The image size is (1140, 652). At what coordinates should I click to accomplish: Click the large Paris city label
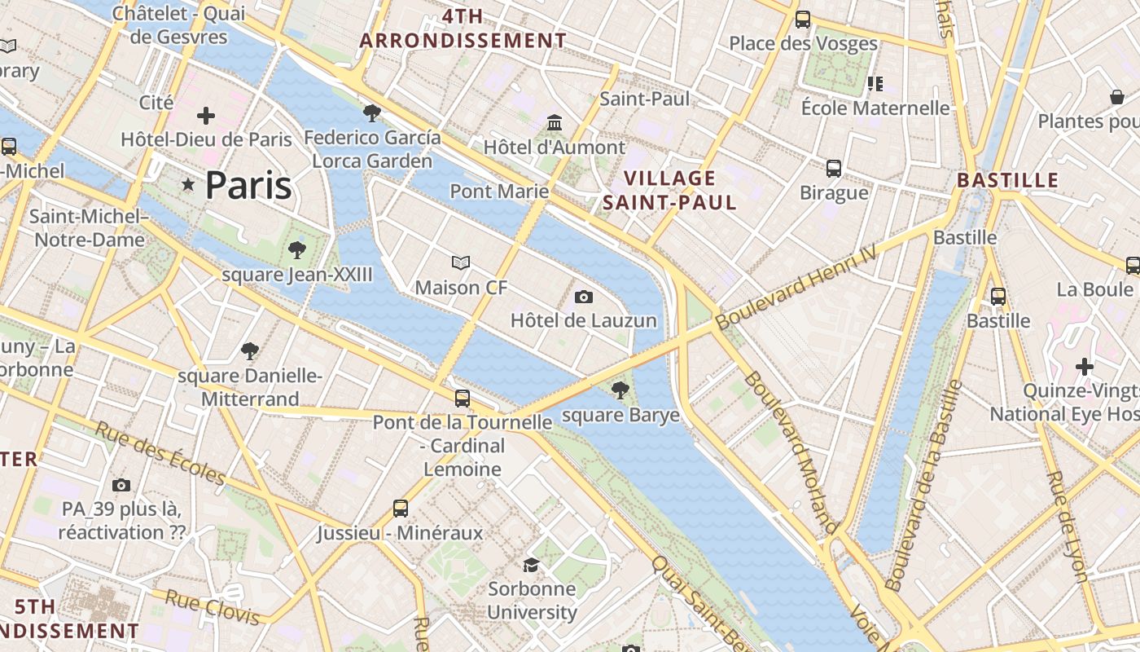pos(248,186)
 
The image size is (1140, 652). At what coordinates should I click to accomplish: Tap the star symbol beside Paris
pos(189,185)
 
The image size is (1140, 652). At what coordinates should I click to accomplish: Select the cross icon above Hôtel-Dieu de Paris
pos(206,115)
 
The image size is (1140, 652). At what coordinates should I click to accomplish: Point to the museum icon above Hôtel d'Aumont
pos(555,122)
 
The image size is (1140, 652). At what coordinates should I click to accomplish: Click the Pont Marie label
pos(499,191)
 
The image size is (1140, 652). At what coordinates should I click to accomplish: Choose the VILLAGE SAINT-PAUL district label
pos(669,190)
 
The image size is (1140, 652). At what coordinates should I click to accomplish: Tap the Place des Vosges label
pos(803,43)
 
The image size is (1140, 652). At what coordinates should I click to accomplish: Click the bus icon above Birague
pos(834,169)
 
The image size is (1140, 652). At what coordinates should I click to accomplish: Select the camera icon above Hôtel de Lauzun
pos(583,297)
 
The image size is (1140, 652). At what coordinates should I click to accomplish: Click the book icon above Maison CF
pos(461,262)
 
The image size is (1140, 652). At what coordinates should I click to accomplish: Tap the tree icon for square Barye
pos(620,390)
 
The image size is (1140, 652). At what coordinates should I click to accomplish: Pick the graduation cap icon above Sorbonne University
pos(531,565)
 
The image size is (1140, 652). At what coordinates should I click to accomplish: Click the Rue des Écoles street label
pos(160,452)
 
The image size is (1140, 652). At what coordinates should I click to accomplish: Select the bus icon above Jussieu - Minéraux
pos(400,509)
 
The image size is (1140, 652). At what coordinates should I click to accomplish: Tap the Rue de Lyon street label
pos(1068,526)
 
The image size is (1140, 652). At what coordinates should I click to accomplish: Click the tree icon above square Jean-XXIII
pos(297,249)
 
